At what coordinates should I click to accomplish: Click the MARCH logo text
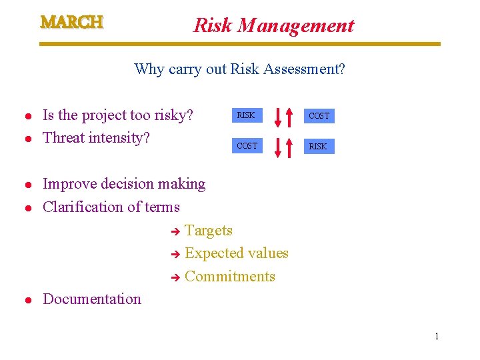pyautogui.click(x=72, y=22)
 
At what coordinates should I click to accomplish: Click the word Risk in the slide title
pyautogui.click(x=213, y=25)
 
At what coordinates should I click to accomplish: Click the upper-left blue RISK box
pyautogui.click(x=247, y=115)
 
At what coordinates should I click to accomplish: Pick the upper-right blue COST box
pyautogui.click(x=319, y=116)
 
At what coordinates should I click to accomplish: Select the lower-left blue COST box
pyautogui.click(x=247, y=145)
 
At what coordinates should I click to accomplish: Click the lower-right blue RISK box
pyautogui.click(x=319, y=146)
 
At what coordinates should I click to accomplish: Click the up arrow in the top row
pyautogui.click(x=289, y=116)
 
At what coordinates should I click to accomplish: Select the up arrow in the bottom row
pyautogui.click(x=289, y=147)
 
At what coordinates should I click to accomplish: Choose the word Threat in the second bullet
pyautogui.click(x=63, y=138)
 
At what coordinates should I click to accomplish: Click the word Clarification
pyautogui.click(x=83, y=207)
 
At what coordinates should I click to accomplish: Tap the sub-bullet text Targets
pyautogui.click(x=209, y=231)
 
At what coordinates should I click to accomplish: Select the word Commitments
pyautogui.click(x=230, y=276)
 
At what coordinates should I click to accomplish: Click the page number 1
pyautogui.click(x=437, y=336)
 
